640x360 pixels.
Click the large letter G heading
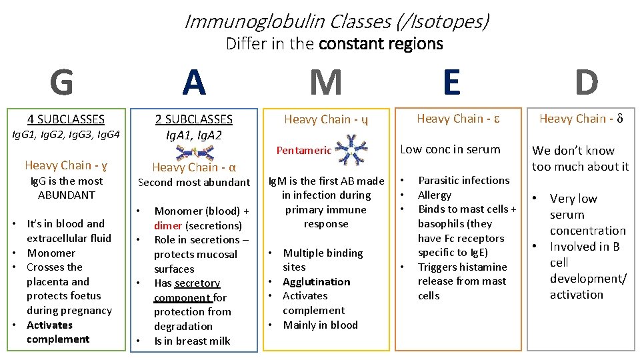(x=62, y=83)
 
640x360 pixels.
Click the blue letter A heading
(x=194, y=83)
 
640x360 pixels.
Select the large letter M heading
(x=326, y=83)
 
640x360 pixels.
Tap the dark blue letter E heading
(x=451, y=83)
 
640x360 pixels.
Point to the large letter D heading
(x=586, y=83)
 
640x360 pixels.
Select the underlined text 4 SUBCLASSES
(x=66, y=119)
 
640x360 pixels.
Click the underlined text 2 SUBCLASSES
(x=194, y=119)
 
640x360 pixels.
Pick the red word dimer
(x=168, y=225)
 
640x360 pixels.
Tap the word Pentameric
(x=304, y=151)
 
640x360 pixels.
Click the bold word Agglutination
(x=316, y=281)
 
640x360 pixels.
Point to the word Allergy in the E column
(x=435, y=195)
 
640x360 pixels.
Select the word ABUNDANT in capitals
(x=66, y=195)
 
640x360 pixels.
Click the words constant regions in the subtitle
(x=381, y=44)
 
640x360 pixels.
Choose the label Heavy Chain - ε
(x=459, y=119)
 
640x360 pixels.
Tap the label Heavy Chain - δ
(x=581, y=119)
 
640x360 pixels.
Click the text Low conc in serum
(x=450, y=149)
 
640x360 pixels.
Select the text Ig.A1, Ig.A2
(x=194, y=135)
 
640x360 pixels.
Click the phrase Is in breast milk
(x=192, y=341)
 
